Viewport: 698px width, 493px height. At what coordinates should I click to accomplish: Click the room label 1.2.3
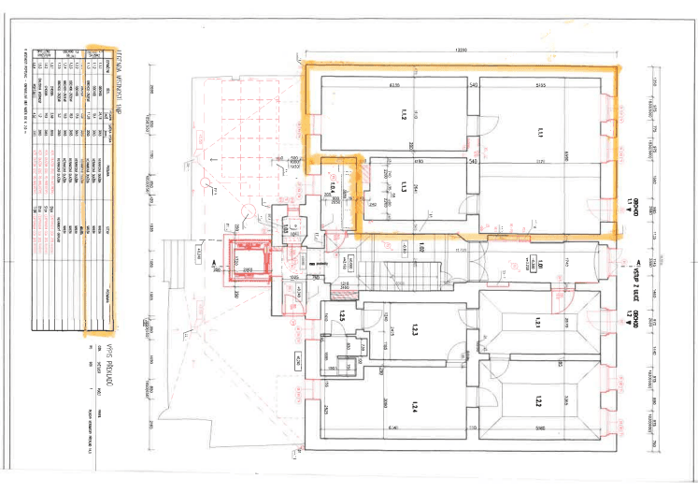tap(412, 332)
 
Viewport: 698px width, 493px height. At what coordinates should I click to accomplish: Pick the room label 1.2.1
tap(538, 323)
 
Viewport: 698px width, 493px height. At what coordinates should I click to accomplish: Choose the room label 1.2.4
tap(412, 406)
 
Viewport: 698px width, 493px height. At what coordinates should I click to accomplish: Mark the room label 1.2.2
tap(538, 403)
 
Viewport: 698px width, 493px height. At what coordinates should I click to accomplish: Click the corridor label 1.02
tap(421, 248)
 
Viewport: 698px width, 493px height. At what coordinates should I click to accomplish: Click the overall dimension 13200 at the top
tap(460, 49)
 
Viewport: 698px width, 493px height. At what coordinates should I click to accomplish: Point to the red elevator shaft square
tap(249, 260)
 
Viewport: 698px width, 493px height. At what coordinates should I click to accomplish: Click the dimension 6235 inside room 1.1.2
tap(394, 86)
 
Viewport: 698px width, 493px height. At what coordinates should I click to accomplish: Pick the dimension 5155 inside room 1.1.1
tap(540, 86)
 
